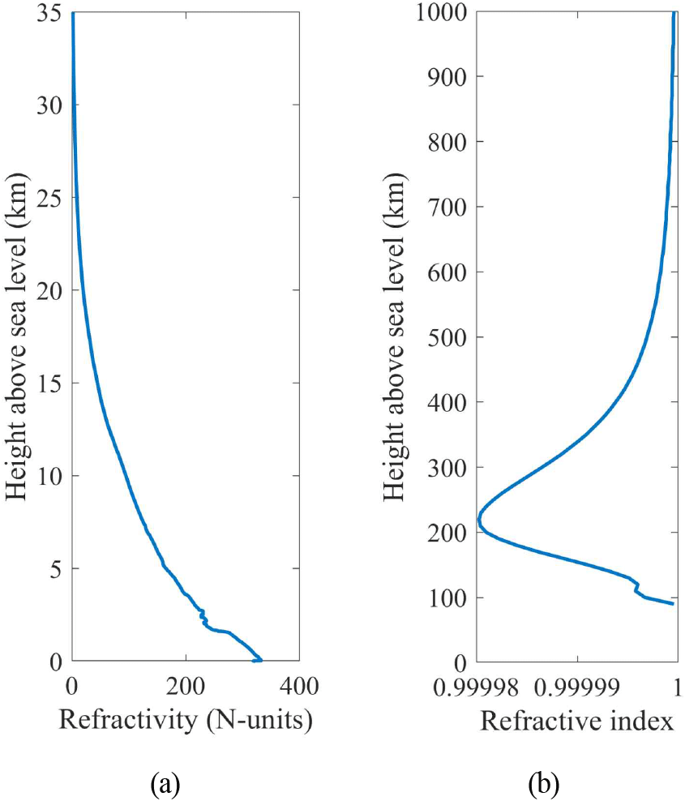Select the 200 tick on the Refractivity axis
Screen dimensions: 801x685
185,684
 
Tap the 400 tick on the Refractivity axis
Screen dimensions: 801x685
298,684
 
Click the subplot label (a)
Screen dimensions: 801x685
165,784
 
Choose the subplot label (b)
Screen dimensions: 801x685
543,784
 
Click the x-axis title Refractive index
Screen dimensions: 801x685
578,721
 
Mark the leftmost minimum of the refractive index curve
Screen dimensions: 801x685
479,520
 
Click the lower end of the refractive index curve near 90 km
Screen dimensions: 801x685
672,603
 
